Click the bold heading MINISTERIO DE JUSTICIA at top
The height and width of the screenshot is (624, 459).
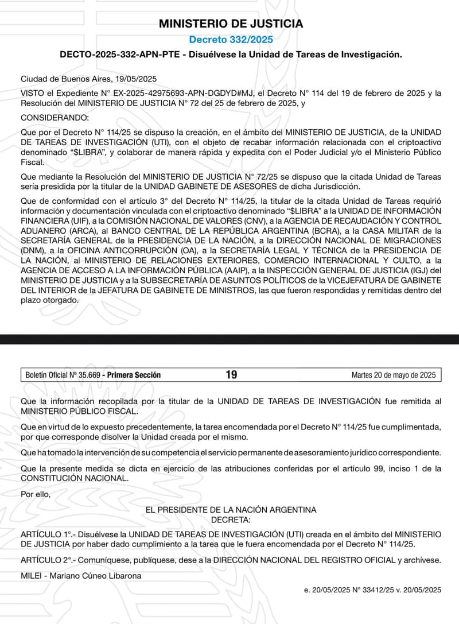pos(231,24)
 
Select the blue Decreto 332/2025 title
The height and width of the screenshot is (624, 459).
pos(231,39)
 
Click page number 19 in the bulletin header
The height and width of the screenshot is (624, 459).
pos(231,375)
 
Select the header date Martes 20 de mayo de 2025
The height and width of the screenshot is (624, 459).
pos(394,375)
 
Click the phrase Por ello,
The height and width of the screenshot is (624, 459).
pos(36,493)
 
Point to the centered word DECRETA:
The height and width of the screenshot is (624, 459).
pos(231,519)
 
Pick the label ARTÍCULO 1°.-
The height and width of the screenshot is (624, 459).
pos(45,534)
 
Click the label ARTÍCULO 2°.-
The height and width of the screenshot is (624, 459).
pos(45,560)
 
